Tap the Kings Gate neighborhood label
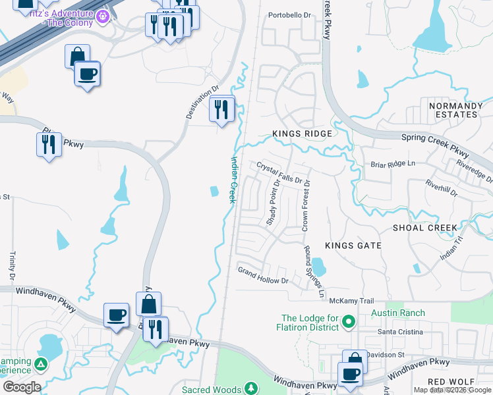[x=353, y=246]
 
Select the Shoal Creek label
[x=424, y=228]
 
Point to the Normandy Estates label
[x=455, y=110]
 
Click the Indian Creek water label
[x=233, y=179]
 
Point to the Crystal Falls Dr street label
[x=279, y=172]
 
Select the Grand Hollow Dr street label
[x=263, y=276]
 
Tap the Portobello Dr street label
[x=289, y=15]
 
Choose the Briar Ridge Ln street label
[x=393, y=164]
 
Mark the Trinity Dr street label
[x=13, y=265]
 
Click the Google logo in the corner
[x=22, y=387]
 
